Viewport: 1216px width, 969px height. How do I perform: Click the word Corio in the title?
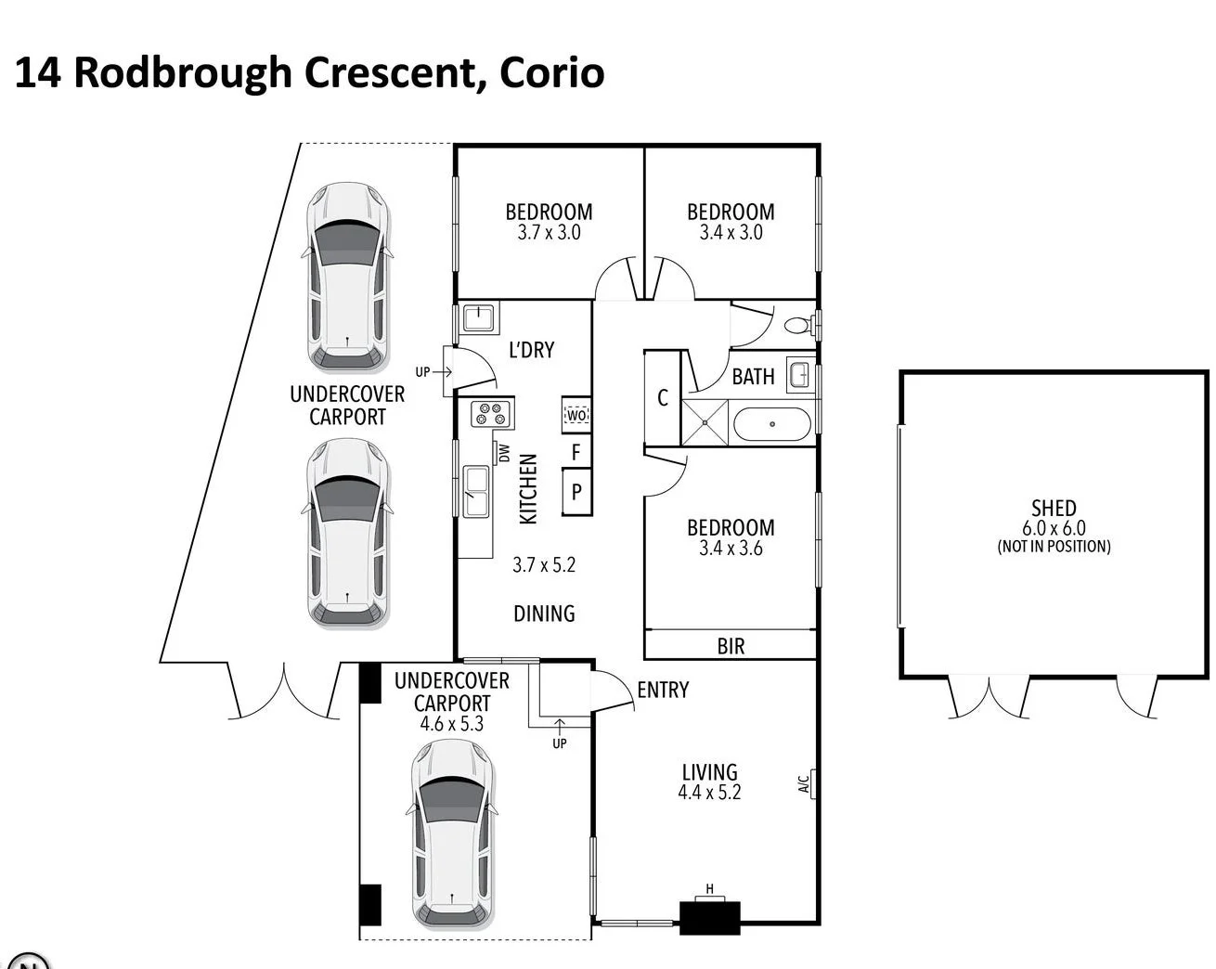point(551,72)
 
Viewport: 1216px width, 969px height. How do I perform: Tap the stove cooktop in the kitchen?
point(491,413)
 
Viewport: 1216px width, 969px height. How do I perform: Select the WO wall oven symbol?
point(576,415)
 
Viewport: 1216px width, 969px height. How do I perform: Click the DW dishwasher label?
point(504,453)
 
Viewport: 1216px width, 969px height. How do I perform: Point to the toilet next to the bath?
point(798,326)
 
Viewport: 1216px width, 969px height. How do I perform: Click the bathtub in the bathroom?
point(772,424)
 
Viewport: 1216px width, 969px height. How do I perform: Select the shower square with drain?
point(705,423)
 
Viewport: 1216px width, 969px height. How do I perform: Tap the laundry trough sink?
point(478,318)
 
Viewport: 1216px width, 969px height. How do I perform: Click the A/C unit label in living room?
point(805,784)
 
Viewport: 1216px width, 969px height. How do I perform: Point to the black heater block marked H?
point(710,917)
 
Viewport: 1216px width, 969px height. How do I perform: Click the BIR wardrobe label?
point(731,646)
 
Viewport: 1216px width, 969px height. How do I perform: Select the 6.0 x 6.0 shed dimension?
point(1054,528)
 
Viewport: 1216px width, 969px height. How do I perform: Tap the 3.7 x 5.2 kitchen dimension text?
point(544,564)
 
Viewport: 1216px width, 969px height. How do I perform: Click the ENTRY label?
point(663,690)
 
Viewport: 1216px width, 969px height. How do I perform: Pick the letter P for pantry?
point(576,492)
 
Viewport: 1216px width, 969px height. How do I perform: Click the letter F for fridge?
point(576,453)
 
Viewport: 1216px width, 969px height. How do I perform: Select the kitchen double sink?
point(476,491)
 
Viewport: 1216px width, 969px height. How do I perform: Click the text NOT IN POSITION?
point(1054,547)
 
